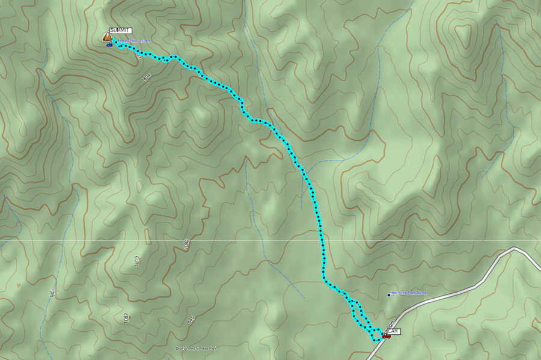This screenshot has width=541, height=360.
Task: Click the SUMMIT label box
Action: point(120,31)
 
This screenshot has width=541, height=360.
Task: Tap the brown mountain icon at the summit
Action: point(107,37)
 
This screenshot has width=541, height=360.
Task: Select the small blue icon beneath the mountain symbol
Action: point(109,44)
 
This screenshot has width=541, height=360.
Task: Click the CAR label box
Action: point(393,331)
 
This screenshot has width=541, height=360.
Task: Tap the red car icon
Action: point(386,337)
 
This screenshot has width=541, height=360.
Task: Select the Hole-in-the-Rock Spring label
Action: point(409,293)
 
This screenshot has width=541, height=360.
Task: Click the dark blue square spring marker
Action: point(389,295)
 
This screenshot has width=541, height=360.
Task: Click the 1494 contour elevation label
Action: point(145,78)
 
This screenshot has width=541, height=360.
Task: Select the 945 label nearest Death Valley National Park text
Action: point(191,319)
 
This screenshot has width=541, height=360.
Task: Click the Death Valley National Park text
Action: point(196,348)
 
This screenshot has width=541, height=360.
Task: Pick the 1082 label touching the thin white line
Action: point(186,244)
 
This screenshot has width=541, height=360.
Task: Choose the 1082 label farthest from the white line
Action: point(126,317)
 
